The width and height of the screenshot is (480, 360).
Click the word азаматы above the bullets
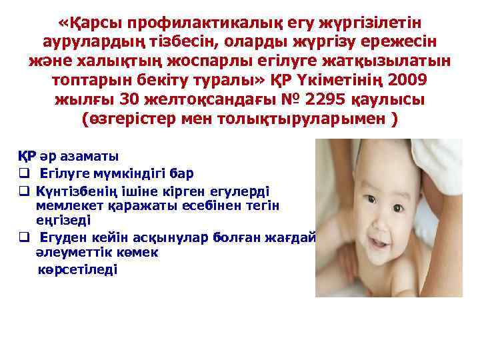pos(89,157)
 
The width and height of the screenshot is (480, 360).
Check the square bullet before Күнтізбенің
pos(22,191)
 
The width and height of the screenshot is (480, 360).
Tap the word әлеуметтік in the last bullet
pos(70,253)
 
